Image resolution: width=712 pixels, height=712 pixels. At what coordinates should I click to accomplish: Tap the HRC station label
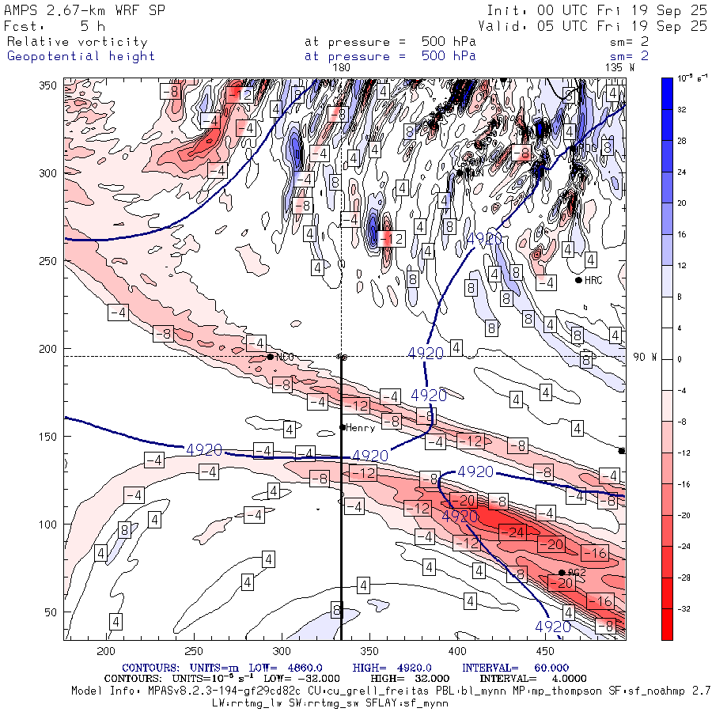click(593, 280)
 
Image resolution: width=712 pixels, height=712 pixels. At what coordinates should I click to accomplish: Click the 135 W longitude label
click(619, 68)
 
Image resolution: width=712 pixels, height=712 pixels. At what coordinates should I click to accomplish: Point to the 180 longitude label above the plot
click(342, 68)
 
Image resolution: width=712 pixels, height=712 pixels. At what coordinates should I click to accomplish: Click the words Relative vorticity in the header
click(78, 42)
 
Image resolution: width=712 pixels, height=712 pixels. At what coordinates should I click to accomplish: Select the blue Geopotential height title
click(81, 56)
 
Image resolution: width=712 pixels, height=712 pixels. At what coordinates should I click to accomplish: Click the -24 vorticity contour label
click(516, 532)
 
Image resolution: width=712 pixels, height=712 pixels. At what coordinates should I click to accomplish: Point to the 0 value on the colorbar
click(680, 360)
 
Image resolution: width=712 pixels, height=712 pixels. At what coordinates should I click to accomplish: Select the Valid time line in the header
click(593, 26)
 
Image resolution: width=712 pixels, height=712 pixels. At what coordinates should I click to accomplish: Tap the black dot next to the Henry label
click(343, 427)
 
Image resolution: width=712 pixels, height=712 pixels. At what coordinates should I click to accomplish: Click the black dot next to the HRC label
click(578, 280)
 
